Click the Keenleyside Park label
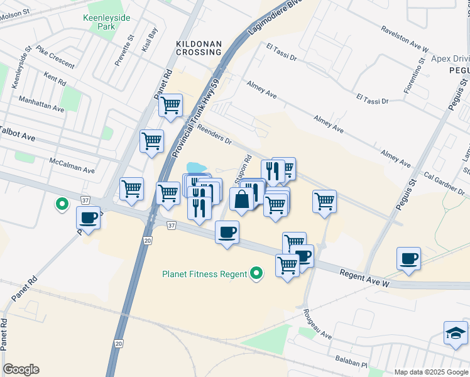(x=106, y=23)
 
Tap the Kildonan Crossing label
(x=198, y=47)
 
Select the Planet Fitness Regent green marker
(x=256, y=273)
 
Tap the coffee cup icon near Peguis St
(x=408, y=258)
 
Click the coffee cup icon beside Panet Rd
(x=88, y=218)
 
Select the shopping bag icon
(x=242, y=200)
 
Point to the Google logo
(x=21, y=369)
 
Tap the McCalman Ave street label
(x=72, y=166)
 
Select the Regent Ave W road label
(x=365, y=278)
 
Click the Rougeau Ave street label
(x=317, y=324)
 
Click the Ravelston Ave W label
(x=404, y=39)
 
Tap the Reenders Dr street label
(x=214, y=136)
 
